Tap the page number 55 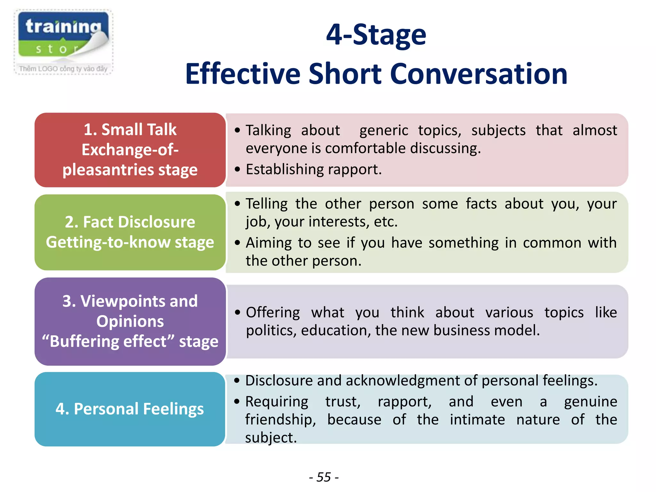pyautogui.click(x=324, y=477)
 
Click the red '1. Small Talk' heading pyautogui.click(x=130, y=130)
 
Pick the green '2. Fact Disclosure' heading pyautogui.click(x=130, y=222)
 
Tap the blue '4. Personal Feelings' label pyautogui.click(x=130, y=409)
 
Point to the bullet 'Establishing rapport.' pyautogui.click(x=314, y=169)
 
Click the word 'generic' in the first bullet pyautogui.click(x=384, y=130)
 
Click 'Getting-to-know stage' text pyautogui.click(x=130, y=242)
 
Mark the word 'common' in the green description pyautogui.click(x=552, y=243)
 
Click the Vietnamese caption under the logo pyautogui.click(x=63, y=69)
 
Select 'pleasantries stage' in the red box pyautogui.click(x=130, y=169)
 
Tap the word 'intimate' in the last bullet pyautogui.click(x=477, y=419)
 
